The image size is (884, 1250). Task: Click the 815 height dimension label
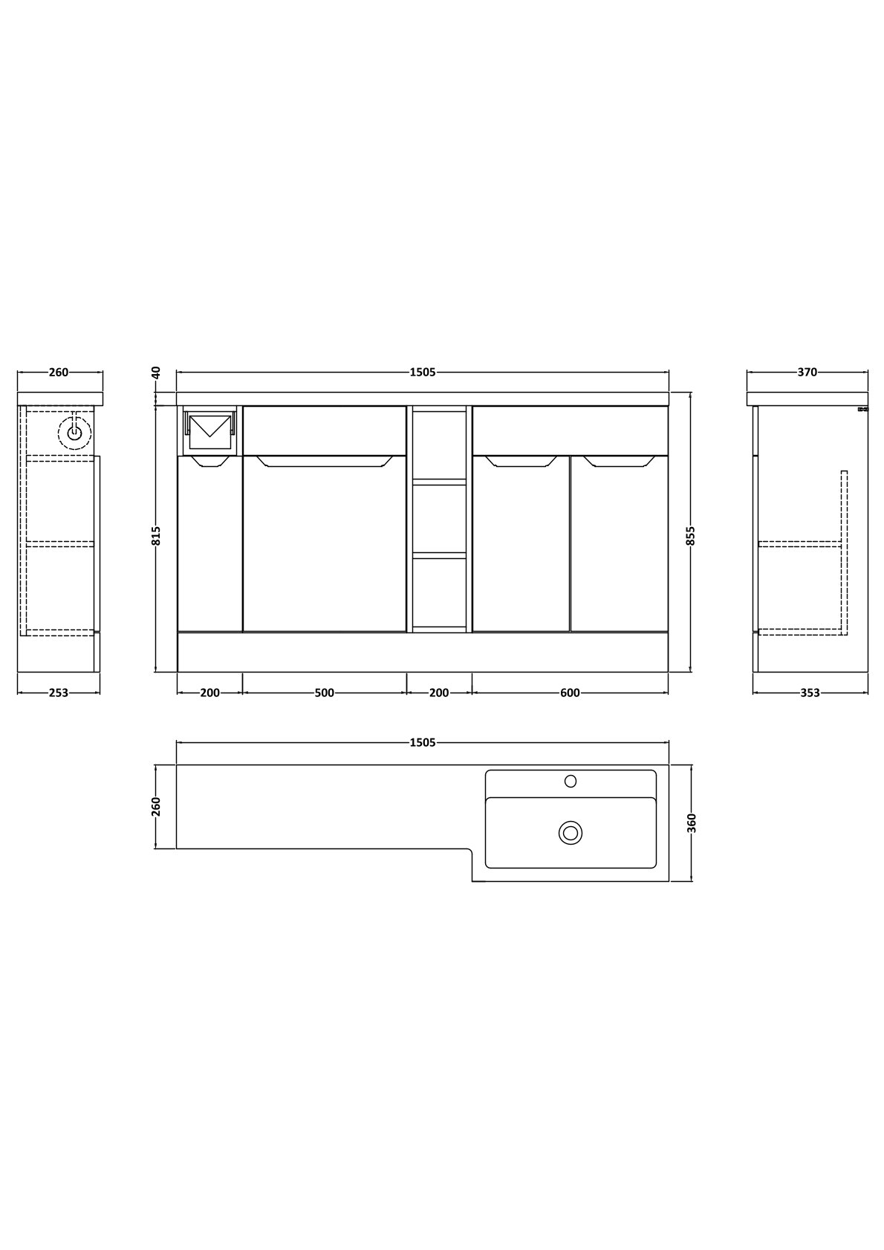click(x=156, y=536)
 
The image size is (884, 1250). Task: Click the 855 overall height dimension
click(x=691, y=536)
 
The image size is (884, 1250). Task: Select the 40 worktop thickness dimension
click(x=156, y=372)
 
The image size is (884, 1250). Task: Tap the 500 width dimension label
click(x=325, y=693)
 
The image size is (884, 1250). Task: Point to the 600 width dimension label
click(x=571, y=693)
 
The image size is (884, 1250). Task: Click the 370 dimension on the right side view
click(x=807, y=372)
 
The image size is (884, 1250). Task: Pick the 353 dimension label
click(x=810, y=693)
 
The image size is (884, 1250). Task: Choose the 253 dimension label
click(x=59, y=693)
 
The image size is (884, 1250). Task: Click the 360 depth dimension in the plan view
click(x=692, y=823)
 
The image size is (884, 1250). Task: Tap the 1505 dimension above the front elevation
click(x=423, y=372)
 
